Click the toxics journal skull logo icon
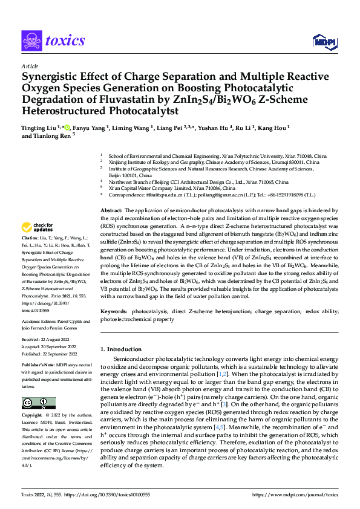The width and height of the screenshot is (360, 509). pos(31,41)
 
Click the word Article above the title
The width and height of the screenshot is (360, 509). pos(30,66)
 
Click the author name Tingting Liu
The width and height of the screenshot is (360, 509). pos(41,128)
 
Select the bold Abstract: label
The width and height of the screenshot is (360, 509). pos(111,210)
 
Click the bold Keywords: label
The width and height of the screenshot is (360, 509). pos(115,311)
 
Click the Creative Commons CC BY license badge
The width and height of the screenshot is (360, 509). pos(38,403)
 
